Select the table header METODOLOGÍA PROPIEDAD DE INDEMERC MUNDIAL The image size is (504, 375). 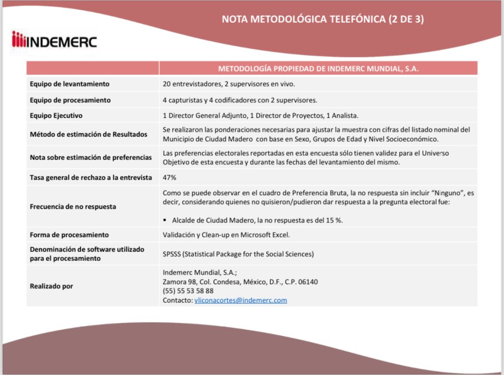(318, 69)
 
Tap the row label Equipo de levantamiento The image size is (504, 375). (69, 84)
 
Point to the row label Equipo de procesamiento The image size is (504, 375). (70, 100)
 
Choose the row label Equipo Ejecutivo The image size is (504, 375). (56, 116)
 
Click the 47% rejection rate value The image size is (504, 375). (169, 178)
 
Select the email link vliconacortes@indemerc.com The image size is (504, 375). (241, 300)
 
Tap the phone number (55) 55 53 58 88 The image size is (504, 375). (188, 291)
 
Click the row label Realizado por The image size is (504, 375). (51, 286)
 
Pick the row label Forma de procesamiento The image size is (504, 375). (69, 235)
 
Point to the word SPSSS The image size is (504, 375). (173, 254)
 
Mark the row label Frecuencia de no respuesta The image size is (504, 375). (73, 207)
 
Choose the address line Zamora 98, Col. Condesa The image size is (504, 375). (240, 282)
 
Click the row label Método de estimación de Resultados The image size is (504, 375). (88, 134)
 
